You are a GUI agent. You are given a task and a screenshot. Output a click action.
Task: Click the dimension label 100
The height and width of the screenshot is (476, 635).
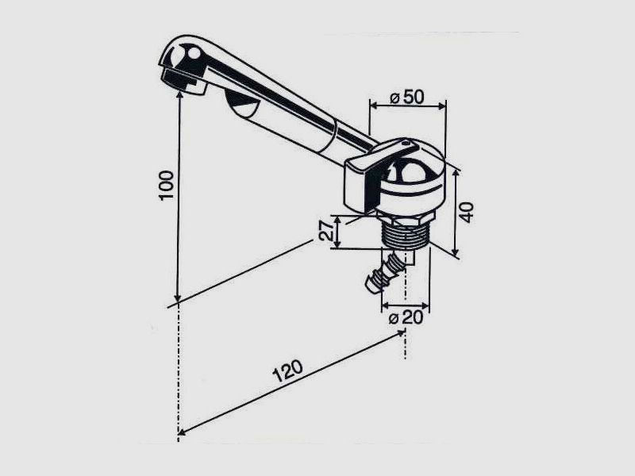[x=166, y=185]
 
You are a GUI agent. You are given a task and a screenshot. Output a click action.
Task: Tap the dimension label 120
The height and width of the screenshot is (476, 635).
[x=287, y=370]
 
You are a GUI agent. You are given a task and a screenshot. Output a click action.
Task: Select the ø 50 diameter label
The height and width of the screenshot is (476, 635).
[x=407, y=98]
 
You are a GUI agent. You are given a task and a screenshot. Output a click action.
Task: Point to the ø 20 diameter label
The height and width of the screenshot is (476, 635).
[x=406, y=318]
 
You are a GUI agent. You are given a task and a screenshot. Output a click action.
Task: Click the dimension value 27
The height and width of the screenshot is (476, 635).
[x=326, y=231]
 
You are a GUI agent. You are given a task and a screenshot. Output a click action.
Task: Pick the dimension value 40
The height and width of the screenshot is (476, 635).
[x=467, y=213]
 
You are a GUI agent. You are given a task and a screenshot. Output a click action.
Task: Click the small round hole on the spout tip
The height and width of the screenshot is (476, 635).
[x=194, y=53]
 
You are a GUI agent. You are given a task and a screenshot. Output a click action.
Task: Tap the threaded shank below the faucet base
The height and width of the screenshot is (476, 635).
[x=403, y=235]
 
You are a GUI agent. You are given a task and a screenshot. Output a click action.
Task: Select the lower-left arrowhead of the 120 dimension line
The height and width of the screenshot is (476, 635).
[x=183, y=432]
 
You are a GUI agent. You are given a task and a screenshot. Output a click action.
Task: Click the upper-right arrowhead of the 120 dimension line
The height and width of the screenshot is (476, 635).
[x=401, y=333]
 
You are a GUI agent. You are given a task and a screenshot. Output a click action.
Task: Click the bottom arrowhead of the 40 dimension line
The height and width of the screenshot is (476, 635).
[x=456, y=251]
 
